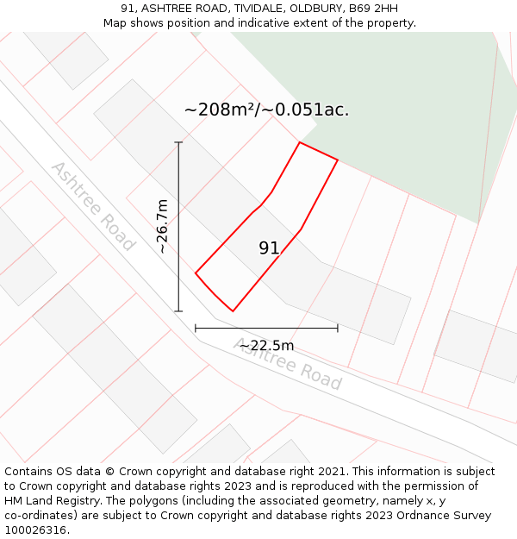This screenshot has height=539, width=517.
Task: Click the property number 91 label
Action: point(269,248)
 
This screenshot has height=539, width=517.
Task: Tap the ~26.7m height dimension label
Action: point(163,226)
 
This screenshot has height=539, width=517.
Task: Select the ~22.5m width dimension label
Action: point(266,346)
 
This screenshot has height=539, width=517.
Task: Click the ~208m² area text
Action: point(221,110)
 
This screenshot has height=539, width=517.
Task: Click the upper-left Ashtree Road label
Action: point(93,205)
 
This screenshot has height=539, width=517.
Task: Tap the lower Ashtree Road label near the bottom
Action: point(288,364)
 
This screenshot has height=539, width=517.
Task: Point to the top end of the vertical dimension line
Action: point(178,142)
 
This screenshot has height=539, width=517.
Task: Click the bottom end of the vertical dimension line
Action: point(178,310)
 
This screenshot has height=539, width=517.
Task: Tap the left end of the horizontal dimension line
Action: point(196,328)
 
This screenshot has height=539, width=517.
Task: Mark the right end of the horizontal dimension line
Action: point(338,328)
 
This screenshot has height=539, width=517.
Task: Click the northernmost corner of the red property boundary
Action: point(300,142)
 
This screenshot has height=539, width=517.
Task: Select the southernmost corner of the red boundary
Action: point(233,310)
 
